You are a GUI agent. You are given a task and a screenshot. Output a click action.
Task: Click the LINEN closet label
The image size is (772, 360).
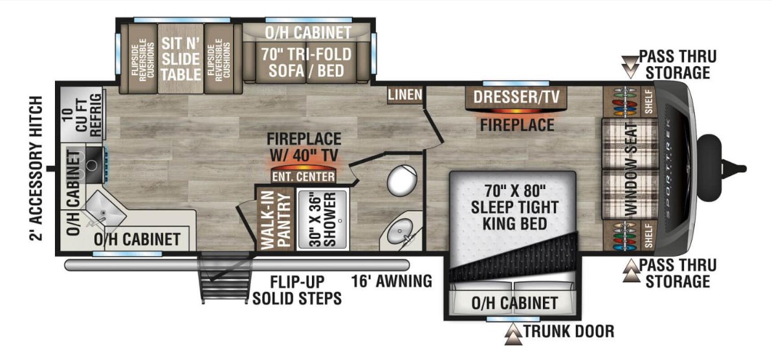pyautogui.click(x=405, y=96)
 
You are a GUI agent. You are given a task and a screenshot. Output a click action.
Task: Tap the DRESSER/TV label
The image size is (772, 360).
pyautogui.click(x=516, y=98)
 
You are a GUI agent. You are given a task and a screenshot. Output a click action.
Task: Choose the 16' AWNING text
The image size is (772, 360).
pyautogui.click(x=392, y=282)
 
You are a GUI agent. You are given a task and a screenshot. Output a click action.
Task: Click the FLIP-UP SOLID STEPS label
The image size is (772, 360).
pyautogui.click(x=297, y=291)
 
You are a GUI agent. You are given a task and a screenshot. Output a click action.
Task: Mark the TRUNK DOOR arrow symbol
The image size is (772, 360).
pyautogui.click(x=513, y=333)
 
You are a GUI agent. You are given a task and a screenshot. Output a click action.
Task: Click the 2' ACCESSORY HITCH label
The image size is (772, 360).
pyautogui.click(x=36, y=169)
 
